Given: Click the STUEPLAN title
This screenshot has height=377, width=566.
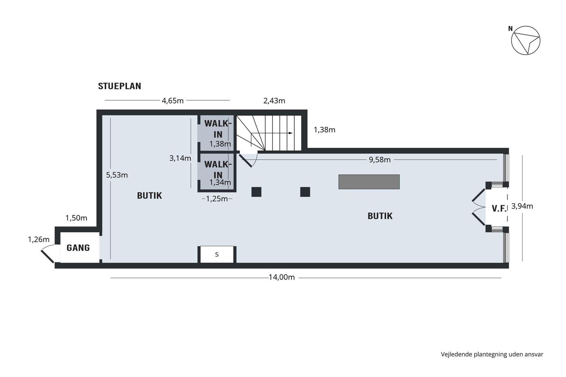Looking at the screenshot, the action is [x=120, y=86].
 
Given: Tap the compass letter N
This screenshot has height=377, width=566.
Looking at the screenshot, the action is [x=510, y=29].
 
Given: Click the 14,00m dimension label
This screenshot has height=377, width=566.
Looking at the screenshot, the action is [x=282, y=277].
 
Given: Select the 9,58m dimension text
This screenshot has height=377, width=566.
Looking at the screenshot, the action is [x=380, y=160].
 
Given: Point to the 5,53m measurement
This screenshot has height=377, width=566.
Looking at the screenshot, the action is [x=117, y=175].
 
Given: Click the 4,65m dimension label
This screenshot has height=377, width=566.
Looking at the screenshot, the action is [x=173, y=101].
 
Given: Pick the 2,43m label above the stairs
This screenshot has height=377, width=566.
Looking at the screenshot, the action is [x=274, y=101].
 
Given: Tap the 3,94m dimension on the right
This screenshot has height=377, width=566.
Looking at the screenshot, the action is [x=522, y=206].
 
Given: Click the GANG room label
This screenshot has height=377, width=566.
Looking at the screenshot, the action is [x=78, y=248].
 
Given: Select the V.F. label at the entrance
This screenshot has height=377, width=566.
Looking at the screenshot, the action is [x=499, y=209].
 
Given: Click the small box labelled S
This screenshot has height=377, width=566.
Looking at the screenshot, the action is [x=217, y=255].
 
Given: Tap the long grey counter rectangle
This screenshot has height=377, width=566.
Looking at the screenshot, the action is [x=369, y=181].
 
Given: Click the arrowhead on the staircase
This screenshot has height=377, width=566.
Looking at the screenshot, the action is [x=291, y=133].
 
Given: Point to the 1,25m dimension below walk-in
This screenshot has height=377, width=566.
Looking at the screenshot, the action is [x=217, y=199].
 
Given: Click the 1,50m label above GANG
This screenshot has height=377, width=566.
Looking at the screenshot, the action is [x=76, y=218].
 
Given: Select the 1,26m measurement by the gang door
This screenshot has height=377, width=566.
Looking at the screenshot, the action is [x=39, y=239].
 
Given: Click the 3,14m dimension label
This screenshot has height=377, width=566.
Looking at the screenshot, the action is [x=180, y=158].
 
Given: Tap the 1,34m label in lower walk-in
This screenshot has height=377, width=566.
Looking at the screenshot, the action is [x=220, y=182].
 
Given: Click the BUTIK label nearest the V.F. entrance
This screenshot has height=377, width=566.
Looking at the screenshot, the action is [x=380, y=216].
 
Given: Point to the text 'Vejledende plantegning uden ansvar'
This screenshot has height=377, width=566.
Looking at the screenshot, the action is [x=492, y=354].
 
